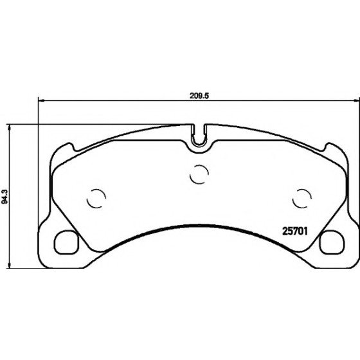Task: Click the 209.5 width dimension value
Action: pos(199,96)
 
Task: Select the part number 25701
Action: pos(294,231)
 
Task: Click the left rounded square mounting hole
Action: pos(66,242)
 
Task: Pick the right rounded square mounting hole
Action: pos(332,242)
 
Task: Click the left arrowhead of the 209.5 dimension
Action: pos(41,100)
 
